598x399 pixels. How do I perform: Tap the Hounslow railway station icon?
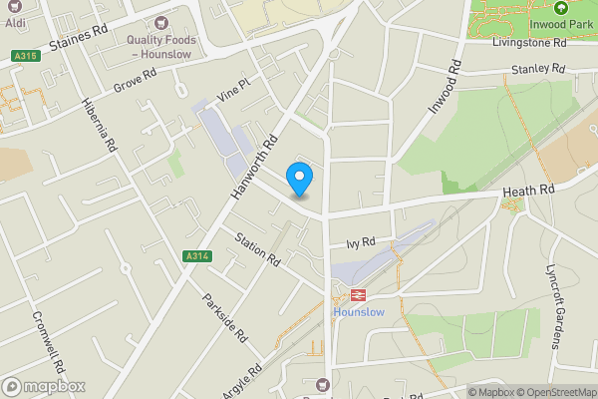tap(355, 295)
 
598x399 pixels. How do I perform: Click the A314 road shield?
tap(197, 256)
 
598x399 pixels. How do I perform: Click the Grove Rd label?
tap(136, 78)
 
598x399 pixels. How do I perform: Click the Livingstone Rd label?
tap(529, 43)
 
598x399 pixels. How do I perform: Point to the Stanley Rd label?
tap(537, 69)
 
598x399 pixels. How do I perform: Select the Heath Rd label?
tap(528, 190)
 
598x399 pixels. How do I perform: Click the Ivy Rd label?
tap(360, 242)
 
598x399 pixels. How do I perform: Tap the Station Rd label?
tap(258, 248)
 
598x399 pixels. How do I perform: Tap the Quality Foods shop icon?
tap(160, 23)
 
